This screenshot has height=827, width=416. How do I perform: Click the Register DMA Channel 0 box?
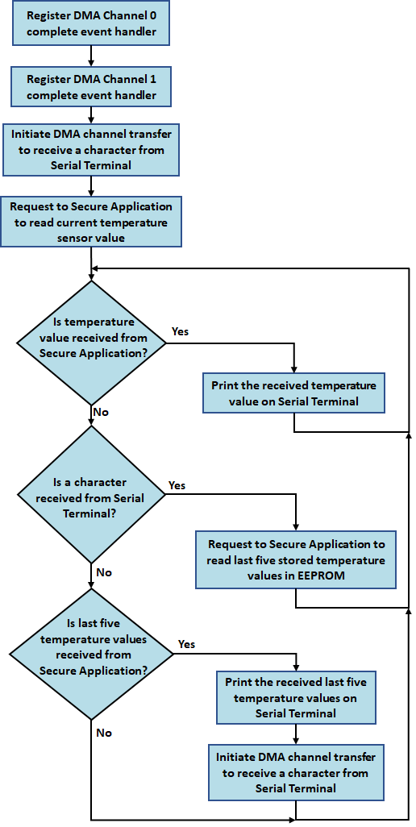[91, 24]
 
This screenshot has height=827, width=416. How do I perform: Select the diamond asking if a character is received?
[91, 498]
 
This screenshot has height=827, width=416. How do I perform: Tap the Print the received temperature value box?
[293, 393]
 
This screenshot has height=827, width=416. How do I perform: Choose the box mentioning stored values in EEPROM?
[296, 559]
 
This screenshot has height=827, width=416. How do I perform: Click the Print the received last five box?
[295, 698]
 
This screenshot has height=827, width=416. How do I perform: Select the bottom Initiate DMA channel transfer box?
[295, 772]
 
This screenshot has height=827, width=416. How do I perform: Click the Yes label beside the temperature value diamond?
[181, 331]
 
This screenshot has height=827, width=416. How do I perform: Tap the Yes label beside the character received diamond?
[177, 485]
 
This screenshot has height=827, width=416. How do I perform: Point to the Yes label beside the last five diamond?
[186, 644]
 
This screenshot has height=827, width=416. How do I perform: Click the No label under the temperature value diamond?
[101, 412]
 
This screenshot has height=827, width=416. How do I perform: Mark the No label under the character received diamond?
[104, 572]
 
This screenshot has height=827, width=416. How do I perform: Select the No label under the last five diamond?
[104, 733]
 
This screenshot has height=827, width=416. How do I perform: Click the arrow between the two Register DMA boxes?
[91, 56]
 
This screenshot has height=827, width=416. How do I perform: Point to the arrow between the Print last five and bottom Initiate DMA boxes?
[296, 733]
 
